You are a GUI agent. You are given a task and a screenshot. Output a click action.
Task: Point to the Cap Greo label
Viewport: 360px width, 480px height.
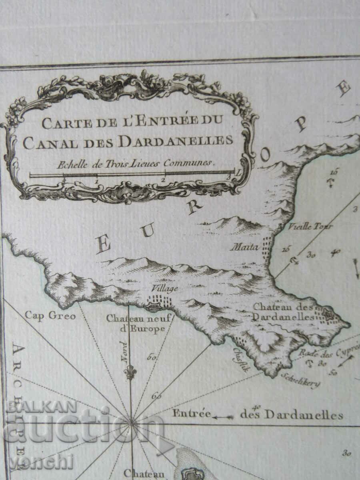coord(50,316)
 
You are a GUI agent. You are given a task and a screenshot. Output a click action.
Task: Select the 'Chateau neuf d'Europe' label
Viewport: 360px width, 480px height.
coord(139,323)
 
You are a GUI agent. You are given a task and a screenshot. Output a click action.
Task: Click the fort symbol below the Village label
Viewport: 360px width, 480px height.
coord(154,307)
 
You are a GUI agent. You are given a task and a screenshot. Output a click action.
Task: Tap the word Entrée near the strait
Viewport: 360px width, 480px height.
coord(191,413)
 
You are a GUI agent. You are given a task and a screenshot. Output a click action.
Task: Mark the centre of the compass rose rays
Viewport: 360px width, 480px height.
coord(131,422)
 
